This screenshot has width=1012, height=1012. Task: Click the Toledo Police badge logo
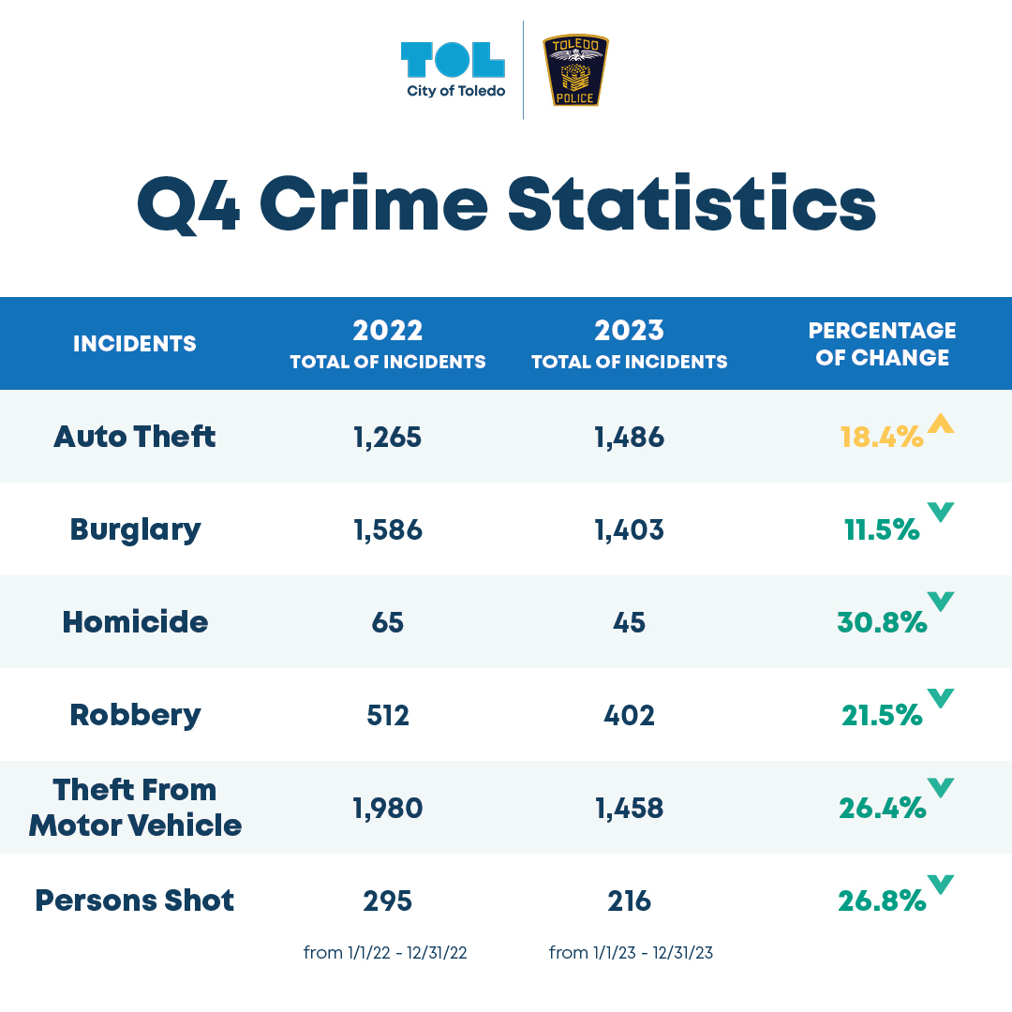point(576,70)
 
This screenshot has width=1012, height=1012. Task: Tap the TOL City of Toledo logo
point(454,69)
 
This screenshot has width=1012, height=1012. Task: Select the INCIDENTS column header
point(135,344)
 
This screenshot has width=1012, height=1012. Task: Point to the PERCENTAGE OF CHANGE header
point(882,344)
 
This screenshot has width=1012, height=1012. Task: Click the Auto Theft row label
point(135,437)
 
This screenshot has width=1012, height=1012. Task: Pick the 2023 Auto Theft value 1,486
point(629,437)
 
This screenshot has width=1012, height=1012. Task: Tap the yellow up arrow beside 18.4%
point(940,424)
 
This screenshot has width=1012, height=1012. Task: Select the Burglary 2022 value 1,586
point(388,529)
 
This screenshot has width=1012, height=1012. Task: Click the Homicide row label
point(135,622)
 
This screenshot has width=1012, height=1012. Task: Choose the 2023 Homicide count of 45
point(629,622)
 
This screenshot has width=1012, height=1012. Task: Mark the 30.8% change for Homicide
point(881,622)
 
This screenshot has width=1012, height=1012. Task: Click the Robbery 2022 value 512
point(388,715)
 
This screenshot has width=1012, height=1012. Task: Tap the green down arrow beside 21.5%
point(940,698)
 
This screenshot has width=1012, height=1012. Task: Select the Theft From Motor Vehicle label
point(135,808)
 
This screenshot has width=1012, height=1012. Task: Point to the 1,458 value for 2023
point(629,808)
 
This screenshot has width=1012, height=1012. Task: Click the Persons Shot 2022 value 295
point(388,900)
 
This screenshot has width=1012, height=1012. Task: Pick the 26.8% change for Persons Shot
point(881,900)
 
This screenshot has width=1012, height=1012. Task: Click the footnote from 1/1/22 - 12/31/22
point(385,953)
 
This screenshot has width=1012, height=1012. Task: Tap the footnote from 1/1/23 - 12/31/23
point(631,953)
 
